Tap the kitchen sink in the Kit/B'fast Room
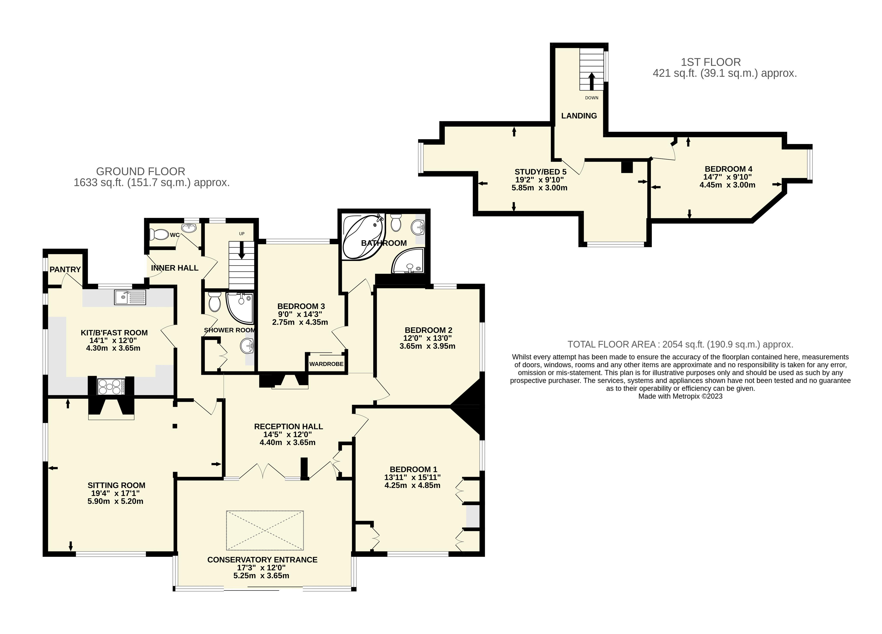click(x=130, y=297)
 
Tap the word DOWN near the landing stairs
click(x=591, y=98)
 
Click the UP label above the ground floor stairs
click(x=242, y=234)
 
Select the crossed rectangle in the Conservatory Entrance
click(x=265, y=531)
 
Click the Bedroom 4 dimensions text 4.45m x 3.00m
click(x=727, y=185)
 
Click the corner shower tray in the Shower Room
click(x=240, y=307)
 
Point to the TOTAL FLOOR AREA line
click(x=680, y=344)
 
